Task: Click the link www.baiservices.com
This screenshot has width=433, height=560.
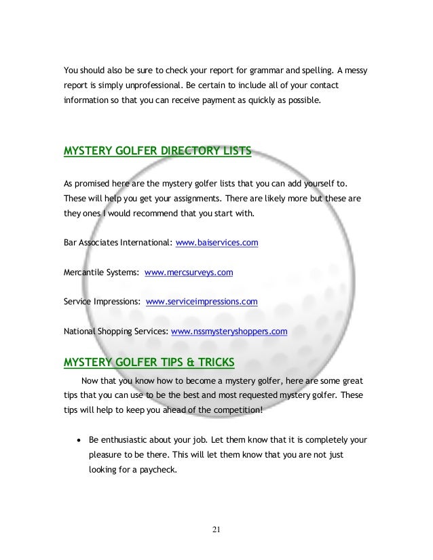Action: click(216, 242)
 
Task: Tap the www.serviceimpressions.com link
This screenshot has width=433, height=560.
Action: click(202, 302)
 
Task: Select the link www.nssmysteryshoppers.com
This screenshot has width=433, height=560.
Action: click(229, 332)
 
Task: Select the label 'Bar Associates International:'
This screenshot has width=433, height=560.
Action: click(117, 242)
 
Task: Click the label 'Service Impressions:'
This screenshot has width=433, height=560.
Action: click(102, 302)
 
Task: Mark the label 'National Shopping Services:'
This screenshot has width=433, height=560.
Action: click(116, 332)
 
